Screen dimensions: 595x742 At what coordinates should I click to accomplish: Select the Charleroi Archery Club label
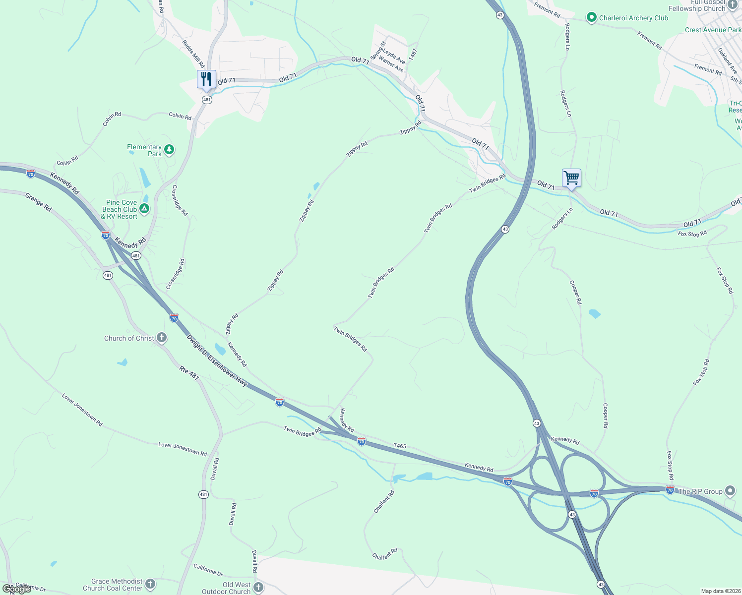click(633, 18)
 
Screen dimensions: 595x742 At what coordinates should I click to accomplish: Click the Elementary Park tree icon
click(169, 149)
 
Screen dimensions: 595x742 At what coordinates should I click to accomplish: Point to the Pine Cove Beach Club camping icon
click(144, 209)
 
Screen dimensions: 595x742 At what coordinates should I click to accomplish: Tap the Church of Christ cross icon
click(161, 338)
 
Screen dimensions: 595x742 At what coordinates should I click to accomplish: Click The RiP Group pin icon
click(730, 491)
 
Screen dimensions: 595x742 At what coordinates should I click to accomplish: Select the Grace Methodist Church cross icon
click(150, 584)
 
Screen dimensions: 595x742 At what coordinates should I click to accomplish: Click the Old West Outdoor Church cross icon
click(258, 588)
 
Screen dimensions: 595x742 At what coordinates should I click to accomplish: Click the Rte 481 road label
click(189, 373)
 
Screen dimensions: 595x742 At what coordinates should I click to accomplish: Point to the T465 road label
click(400, 446)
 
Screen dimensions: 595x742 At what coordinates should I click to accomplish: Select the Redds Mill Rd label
click(193, 54)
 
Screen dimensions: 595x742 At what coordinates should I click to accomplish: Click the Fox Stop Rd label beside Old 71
click(692, 234)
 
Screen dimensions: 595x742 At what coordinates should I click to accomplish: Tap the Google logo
click(17, 589)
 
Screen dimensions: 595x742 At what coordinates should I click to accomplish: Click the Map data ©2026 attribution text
click(720, 591)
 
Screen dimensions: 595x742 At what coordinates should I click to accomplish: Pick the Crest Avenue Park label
click(713, 30)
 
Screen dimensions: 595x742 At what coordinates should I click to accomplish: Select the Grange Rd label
click(38, 202)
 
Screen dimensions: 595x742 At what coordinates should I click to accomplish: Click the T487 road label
click(413, 55)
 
